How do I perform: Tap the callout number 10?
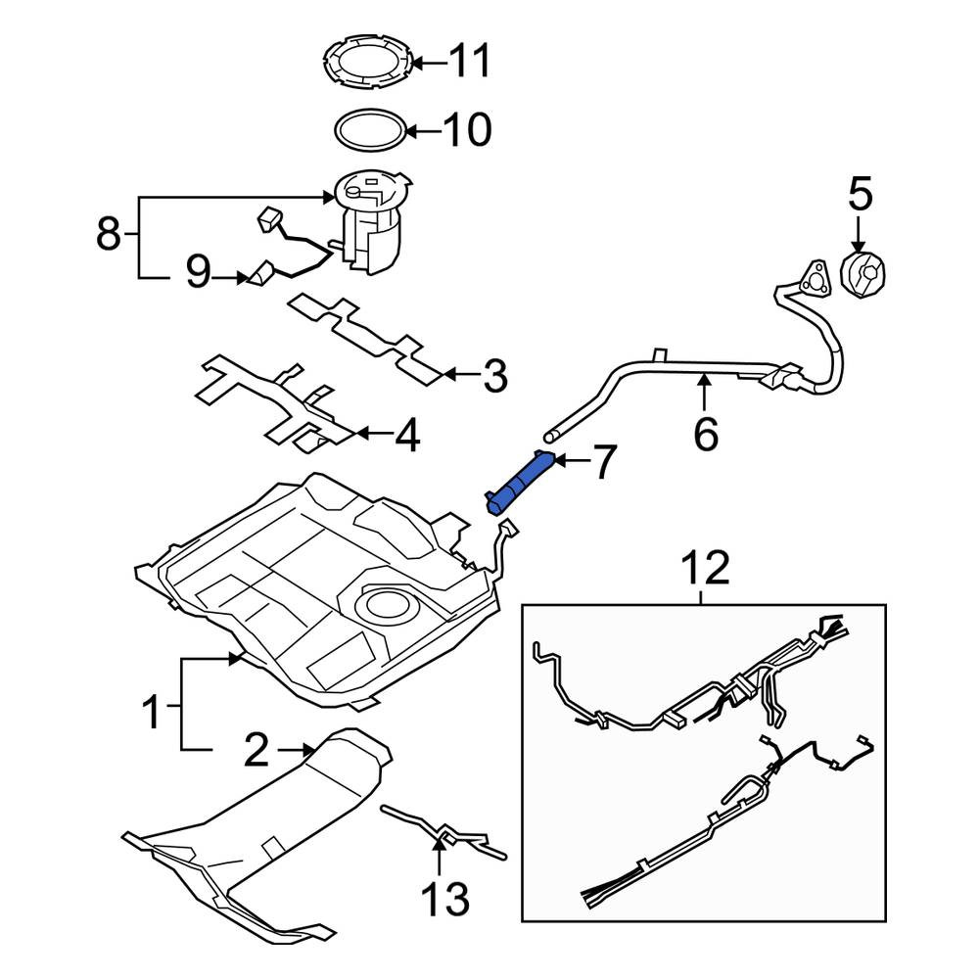(x=466, y=129)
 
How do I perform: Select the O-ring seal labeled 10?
(x=370, y=128)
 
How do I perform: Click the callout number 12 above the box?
(x=705, y=568)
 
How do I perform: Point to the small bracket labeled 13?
(x=445, y=832)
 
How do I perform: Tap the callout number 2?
(x=255, y=752)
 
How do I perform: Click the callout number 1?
(x=152, y=713)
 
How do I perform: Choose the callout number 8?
(x=110, y=235)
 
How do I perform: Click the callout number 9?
(x=198, y=273)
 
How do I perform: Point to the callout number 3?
(x=495, y=376)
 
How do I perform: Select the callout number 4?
(x=406, y=436)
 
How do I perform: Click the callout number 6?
(x=705, y=432)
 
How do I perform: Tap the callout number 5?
(x=859, y=194)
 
